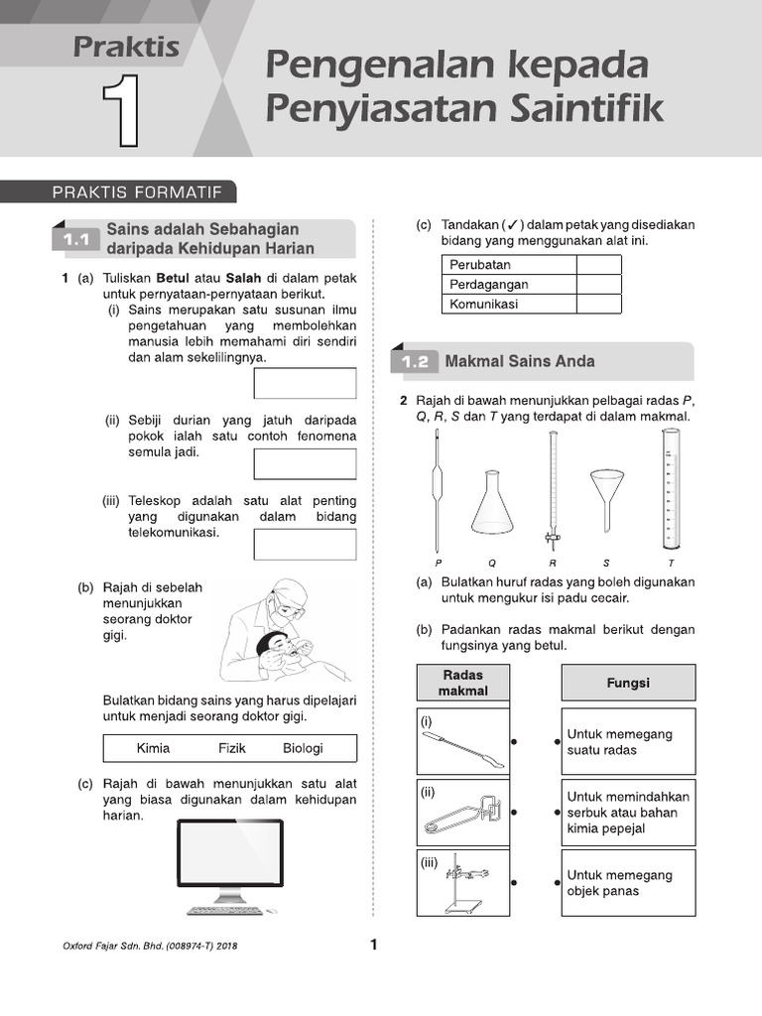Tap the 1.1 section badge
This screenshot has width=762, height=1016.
76,240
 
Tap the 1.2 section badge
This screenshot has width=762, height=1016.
415,362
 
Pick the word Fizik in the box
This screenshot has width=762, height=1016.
232,748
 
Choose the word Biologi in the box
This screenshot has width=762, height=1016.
303,748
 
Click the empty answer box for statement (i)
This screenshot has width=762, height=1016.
305,383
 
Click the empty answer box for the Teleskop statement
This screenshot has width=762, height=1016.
305,545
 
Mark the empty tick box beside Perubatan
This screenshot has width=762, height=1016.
598,265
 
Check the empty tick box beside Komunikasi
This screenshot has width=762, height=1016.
598,305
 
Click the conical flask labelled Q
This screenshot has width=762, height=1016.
491,503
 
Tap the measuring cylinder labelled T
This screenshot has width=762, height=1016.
672,491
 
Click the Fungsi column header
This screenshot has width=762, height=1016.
628,684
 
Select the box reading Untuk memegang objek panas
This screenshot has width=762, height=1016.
628,883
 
